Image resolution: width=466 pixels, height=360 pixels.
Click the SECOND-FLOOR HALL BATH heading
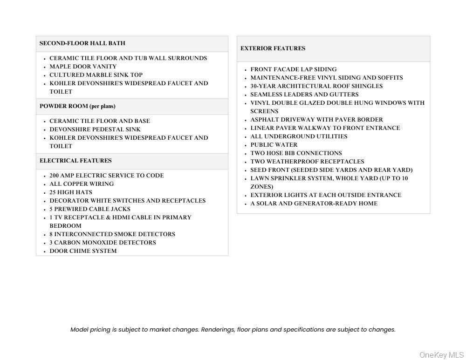click(x=82, y=43)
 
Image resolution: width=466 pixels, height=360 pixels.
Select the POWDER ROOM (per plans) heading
click(x=77, y=106)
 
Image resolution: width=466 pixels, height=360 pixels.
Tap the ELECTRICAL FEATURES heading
click(x=75, y=161)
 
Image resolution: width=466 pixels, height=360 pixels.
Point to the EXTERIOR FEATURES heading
click(x=273, y=48)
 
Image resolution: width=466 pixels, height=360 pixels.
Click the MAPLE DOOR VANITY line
click(x=83, y=67)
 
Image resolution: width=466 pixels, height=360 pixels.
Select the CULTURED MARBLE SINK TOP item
click(x=96, y=75)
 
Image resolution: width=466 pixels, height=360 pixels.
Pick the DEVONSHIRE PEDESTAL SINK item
click(x=95, y=129)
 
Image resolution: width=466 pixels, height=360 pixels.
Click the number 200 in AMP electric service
click(x=55, y=176)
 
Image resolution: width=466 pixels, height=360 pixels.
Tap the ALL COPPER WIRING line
click(x=82, y=184)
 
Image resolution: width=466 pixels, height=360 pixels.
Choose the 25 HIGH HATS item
click(x=71, y=192)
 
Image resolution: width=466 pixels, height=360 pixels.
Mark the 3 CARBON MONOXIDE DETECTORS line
click(x=103, y=243)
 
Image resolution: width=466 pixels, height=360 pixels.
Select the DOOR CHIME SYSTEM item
click(x=83, y=251)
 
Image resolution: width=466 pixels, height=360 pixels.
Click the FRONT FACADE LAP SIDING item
click(x=293, y=69)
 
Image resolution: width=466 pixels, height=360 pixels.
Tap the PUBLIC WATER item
click(x=274, y=145)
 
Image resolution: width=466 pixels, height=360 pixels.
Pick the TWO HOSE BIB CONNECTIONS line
click(x=296, y=153)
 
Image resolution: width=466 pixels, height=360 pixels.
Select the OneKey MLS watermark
click(x=441, y=355)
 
